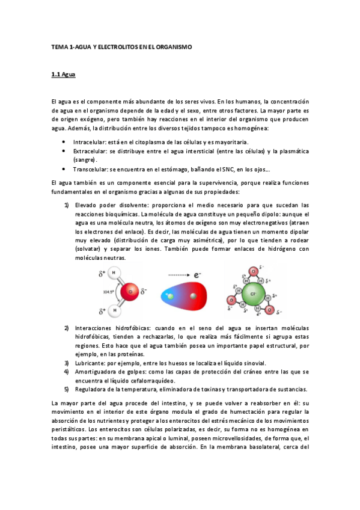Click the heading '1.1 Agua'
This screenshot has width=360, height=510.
[63, 75]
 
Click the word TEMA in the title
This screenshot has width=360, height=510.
[59, 46]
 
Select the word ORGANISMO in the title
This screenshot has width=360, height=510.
[174, 46]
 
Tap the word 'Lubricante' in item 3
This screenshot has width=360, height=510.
[90, 363]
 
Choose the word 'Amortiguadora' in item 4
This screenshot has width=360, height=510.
[95, 372]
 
